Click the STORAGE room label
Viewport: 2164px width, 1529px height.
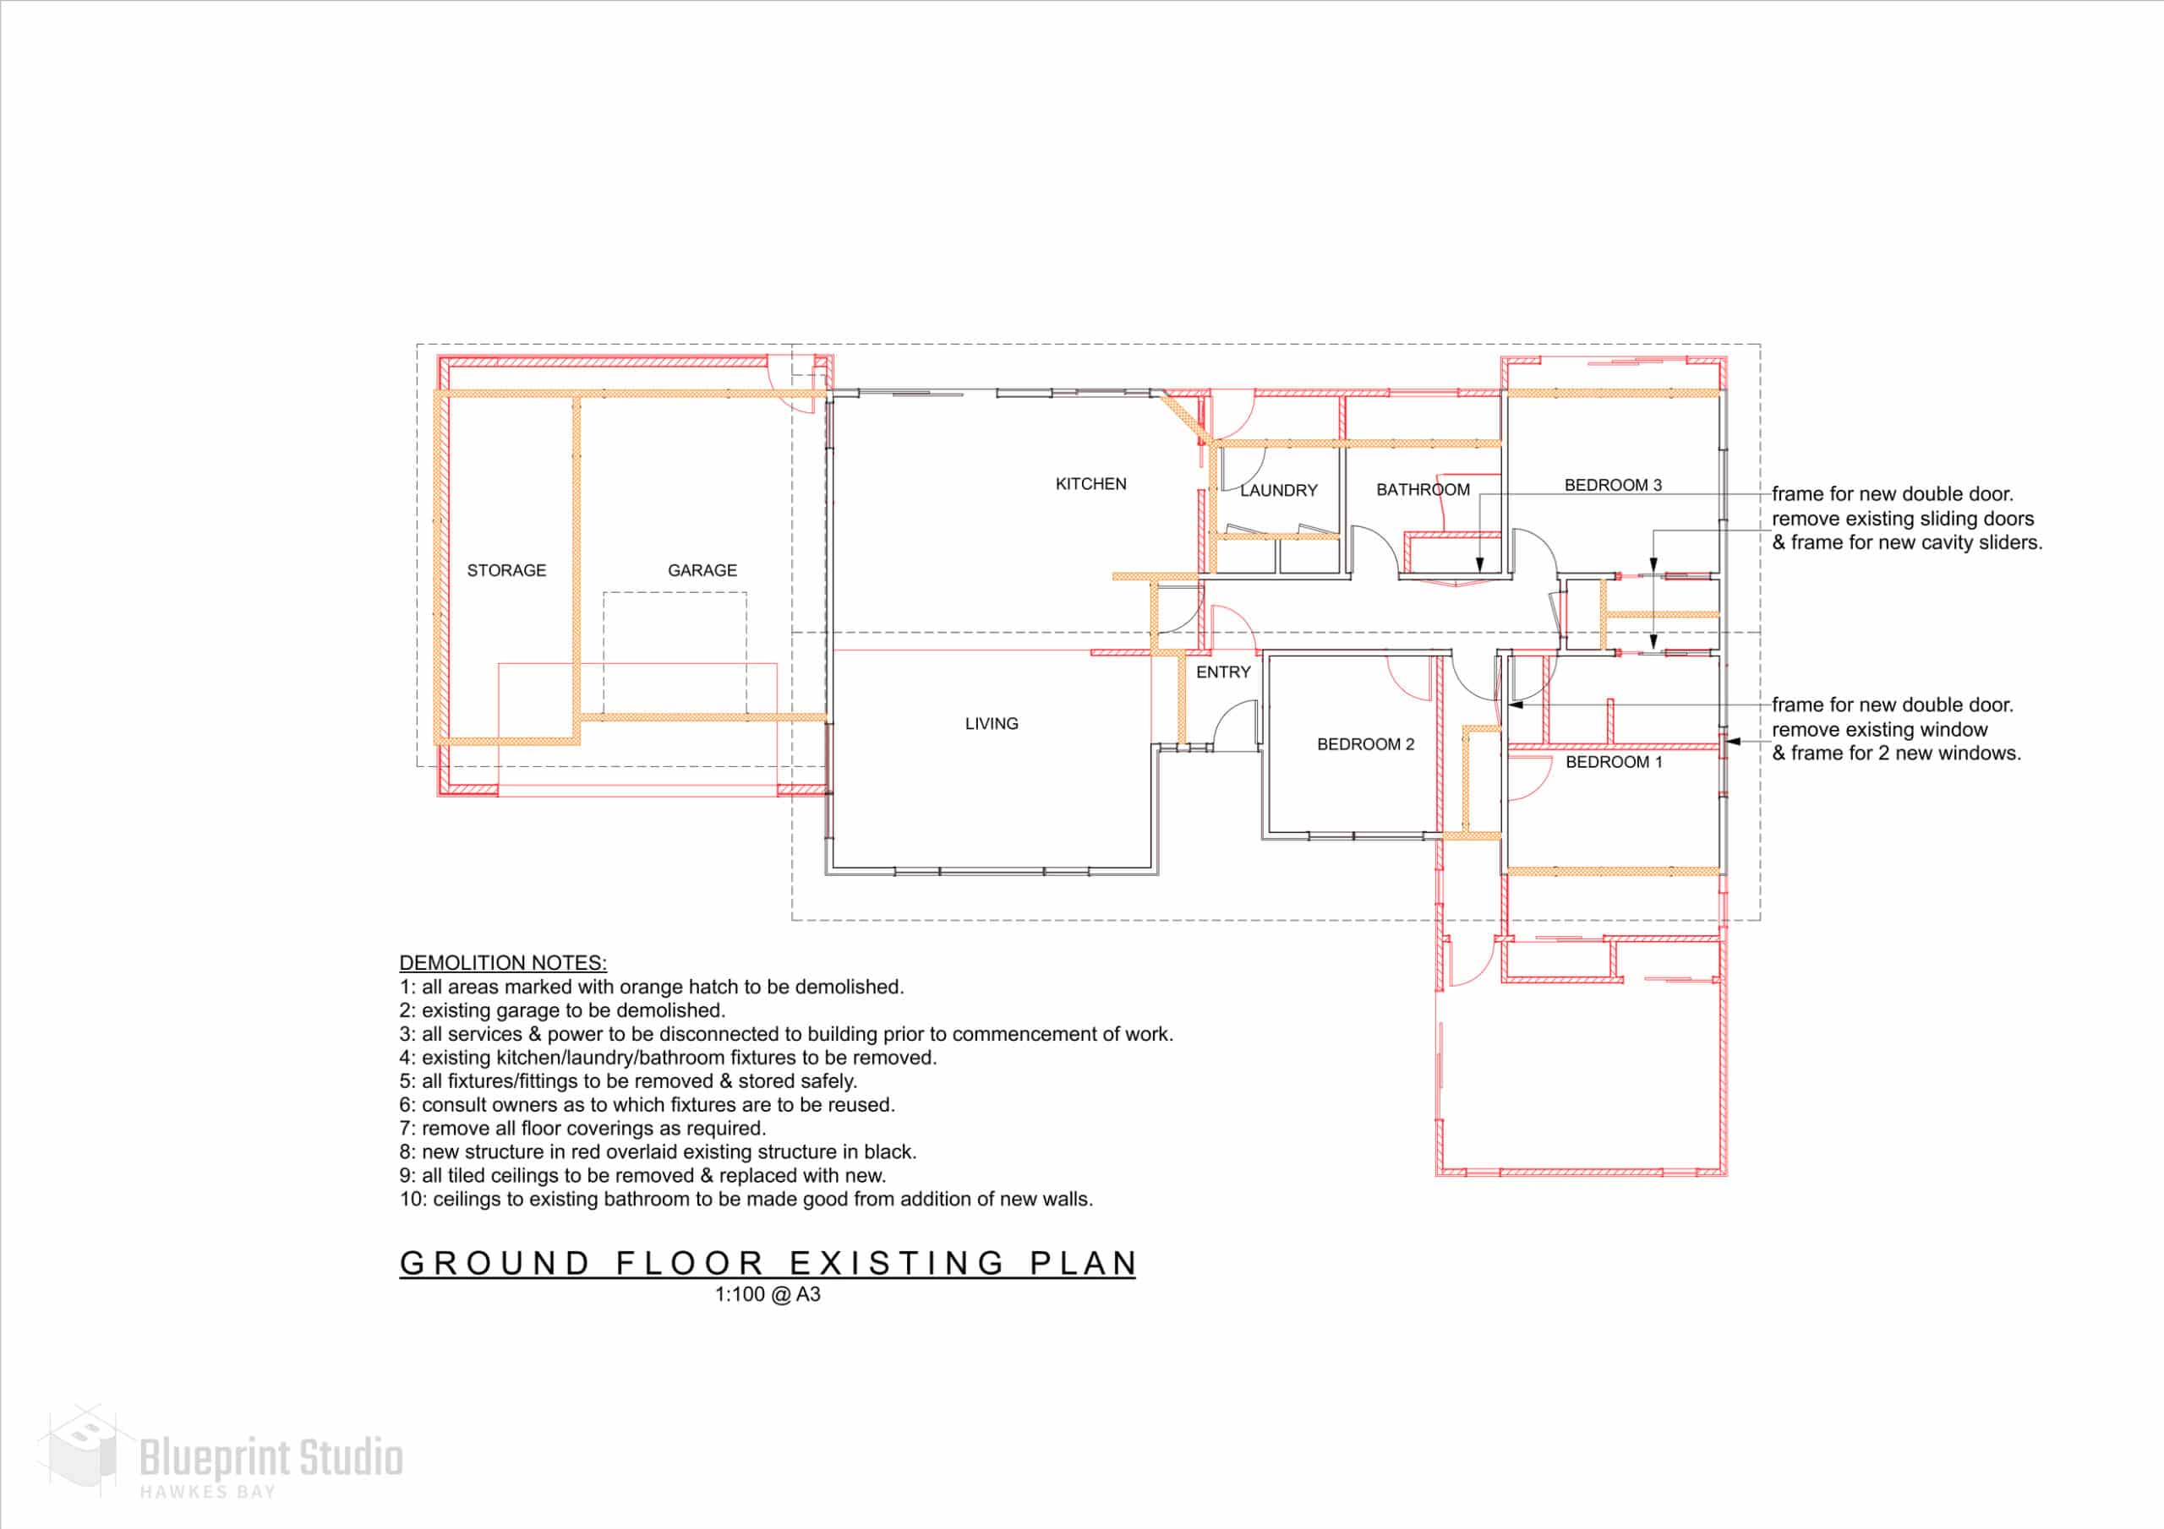pyautogui.click(x=506, y=570)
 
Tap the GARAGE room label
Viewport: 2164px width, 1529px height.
pyautogui.click(x=702, y=570)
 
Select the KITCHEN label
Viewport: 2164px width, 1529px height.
pyautogui.click(x=1090, y=483)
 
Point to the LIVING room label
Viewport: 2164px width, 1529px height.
pyautogui.click(x=992, y=723)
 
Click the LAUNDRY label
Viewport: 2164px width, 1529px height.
pyautogui.click(x=1279, y=490)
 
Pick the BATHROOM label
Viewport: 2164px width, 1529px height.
pyautogui.click(x=1424, y=490)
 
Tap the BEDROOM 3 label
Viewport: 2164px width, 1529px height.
pyautogui.click(x=1614, y=485)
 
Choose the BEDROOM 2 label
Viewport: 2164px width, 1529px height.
pyautogui.click(x=1366, y=744)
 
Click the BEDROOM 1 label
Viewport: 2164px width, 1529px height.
pyautogui.click(x=1615, y=762)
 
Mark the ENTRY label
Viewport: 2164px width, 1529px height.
pyautogui.click(x=1223, y=672)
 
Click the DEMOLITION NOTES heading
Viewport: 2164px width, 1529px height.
pyautogui.click(x=503, y=963)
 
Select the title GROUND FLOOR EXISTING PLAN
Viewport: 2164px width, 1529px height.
pyautogui.click(x=768, y=1264)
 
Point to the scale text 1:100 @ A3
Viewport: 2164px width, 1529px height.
pyautogui.click(x=768, y=1294)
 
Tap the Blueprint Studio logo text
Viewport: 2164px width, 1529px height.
pyautogui.click(x=271, y=1458)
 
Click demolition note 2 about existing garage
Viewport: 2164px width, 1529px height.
pyautogui.click(x=563, y=1011)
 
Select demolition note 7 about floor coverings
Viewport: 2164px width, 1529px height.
pyautogui.click(x=582, y=1129)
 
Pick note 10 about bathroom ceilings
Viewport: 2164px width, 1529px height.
pyautogui.click(x=746, y=1200)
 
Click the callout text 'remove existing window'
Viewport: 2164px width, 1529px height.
pyautogui.click(x=1879, y=729)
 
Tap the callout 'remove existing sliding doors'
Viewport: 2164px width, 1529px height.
pyautogui.click(x=1903, y=518)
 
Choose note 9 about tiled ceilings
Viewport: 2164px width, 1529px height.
pyautogui.click(x=642, y=1176)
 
